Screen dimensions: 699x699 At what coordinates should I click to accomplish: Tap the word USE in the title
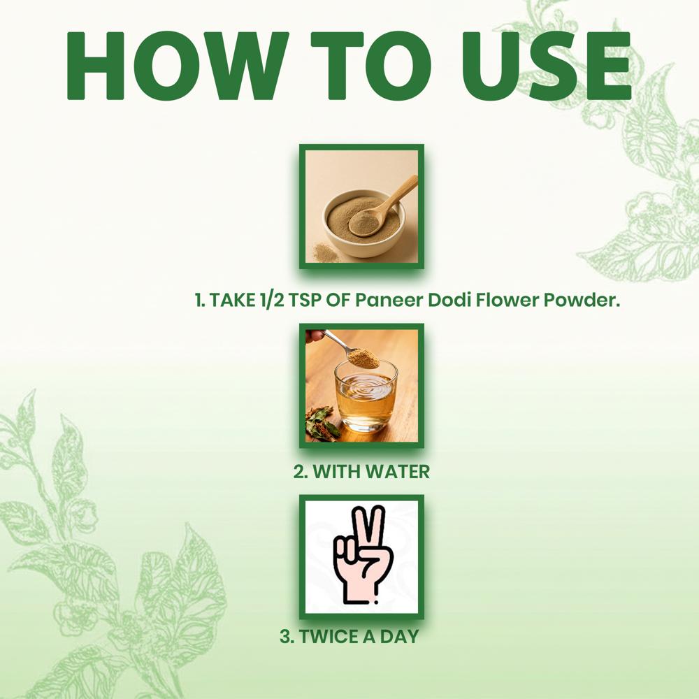click(546, 66)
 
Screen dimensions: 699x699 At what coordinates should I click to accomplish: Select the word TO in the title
click(371, 66)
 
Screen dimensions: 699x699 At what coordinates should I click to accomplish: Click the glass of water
click(366, 397)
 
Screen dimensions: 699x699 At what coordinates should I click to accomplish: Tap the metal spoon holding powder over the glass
click(352, 350)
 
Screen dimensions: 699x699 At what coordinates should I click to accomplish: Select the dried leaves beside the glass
click(322, 424)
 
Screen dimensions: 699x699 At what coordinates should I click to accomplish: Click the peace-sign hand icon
click(363, 555)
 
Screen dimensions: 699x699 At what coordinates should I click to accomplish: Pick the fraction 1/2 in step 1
click(271, 300)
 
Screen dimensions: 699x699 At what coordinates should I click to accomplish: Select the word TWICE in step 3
click(328, 637)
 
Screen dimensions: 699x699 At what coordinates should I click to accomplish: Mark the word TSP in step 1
click(305, 300)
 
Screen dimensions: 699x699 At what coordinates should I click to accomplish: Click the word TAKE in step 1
click(231, 300)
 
